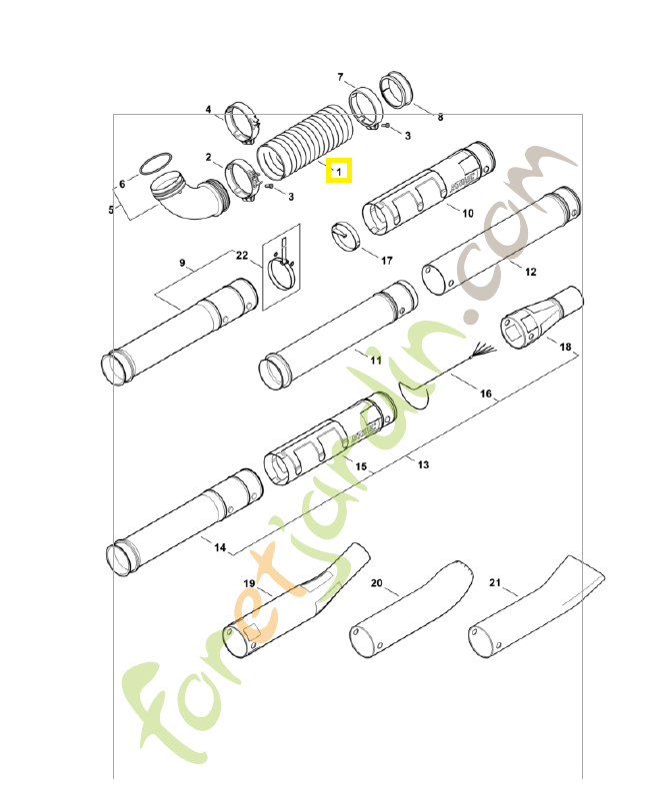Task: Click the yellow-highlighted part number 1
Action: point(339,172)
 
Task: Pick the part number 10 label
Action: point(467,212)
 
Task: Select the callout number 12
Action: point(530,271)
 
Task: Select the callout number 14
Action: point(220,546)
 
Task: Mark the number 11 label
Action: point(376,359)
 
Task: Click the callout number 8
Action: point(440,117)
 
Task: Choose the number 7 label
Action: point(340,77)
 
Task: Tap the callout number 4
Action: point(209,109)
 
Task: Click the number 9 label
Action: point(183,263)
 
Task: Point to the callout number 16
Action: point(486,394)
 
